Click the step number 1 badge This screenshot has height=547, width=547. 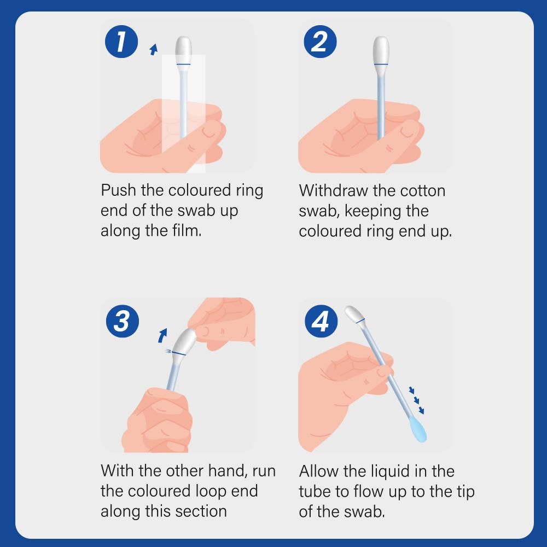click(x=121, y=42)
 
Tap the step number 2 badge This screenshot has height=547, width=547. click(x=320, y=42)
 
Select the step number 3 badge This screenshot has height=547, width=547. click(x=123, y=321)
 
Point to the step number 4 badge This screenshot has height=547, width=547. click(x=321, y=321)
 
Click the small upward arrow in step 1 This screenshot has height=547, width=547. click(x=154, y=49)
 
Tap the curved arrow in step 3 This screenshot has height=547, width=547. click(x=162, y=336)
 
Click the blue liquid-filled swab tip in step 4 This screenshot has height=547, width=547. click(x=417, y=428)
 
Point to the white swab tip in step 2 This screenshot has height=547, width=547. click(x=381, y=50)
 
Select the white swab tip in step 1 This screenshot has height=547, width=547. click(x=183, y=50)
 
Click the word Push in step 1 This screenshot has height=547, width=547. click(x=118, y=190)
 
